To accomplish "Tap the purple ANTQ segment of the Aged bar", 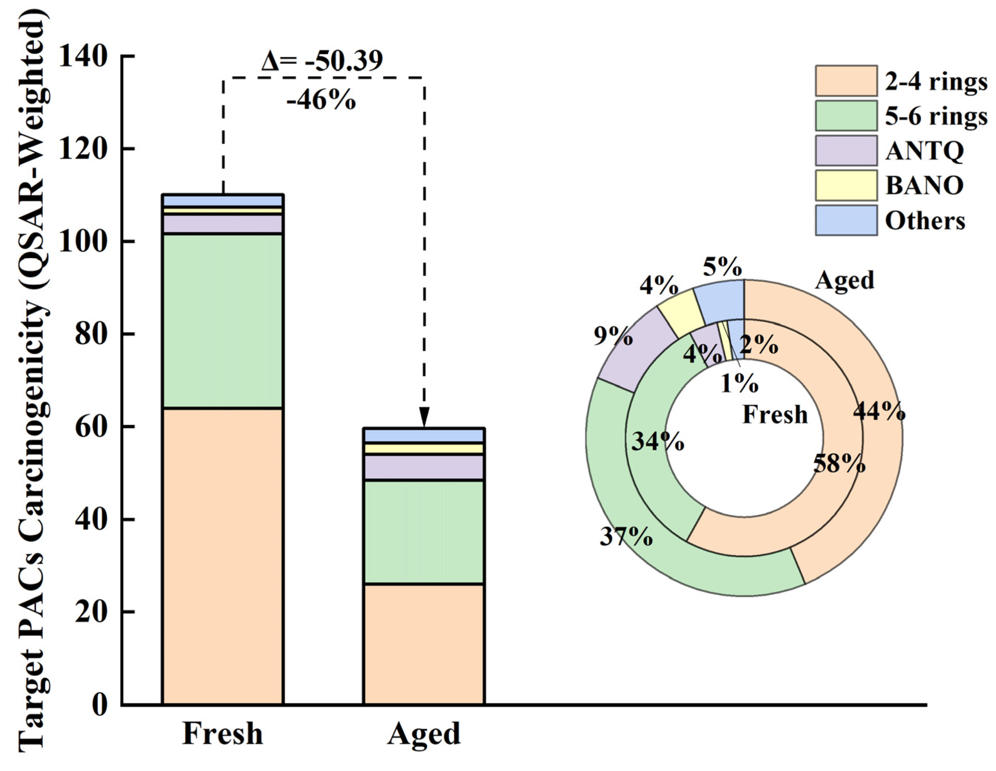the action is [424, 467].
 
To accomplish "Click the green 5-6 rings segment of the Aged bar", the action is [424, 532].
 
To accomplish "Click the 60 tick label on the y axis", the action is [93, 426].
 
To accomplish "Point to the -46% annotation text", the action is [321, 99].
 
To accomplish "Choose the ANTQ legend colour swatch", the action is [846, 150].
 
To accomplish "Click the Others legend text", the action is [925, 220].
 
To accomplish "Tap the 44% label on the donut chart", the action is [879, 412].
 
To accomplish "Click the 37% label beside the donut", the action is [626, 536].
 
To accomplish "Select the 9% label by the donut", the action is [614, 337].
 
